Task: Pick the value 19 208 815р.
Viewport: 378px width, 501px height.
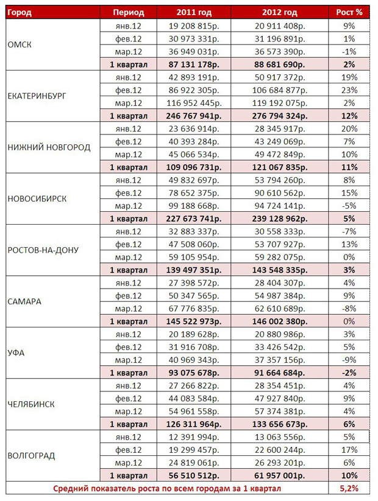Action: coord(194,26)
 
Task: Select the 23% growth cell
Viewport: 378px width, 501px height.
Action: coord(350,90)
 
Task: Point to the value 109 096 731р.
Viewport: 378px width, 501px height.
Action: coord(194,167)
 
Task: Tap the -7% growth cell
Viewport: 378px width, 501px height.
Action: coord(350,231)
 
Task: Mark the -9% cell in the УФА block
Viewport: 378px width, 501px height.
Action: coord(350,359)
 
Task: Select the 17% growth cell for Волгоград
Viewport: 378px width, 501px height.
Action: coord(350,449)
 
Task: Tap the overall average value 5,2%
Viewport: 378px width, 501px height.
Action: coord(350,488)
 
